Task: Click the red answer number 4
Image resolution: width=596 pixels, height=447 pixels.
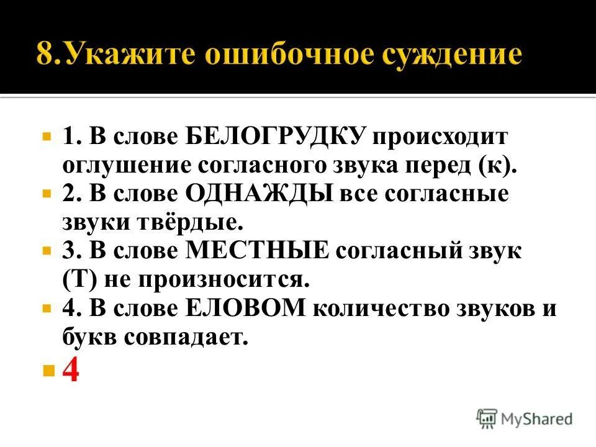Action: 71,371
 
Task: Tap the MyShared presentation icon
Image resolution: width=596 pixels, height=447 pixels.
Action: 487,418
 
